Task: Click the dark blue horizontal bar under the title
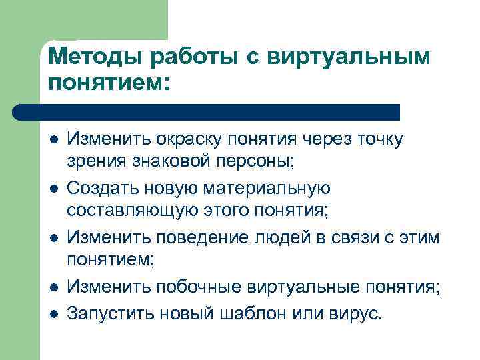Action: click(x=207, y=112)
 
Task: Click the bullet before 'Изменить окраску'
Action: click(x=53, y=139)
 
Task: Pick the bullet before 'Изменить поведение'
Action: click(x=53, y=238)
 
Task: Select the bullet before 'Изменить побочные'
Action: click(x=53, y=287)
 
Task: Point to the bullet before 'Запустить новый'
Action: click(x=53, y=312)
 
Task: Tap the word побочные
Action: click(x=203, y=287)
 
